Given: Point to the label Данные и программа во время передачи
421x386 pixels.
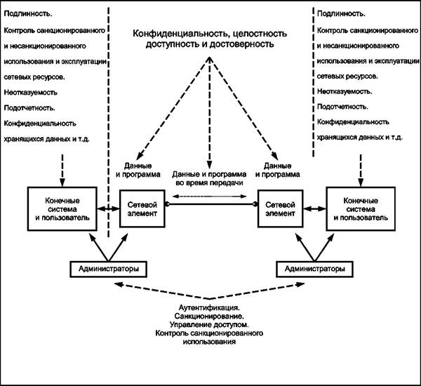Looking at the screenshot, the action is (209, 179).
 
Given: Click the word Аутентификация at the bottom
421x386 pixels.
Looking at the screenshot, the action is (209, 307).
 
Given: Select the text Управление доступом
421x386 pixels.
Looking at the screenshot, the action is (209, 324).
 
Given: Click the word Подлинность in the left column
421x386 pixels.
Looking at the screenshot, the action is (28, 14).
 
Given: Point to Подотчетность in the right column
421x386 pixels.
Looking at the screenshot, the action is (342, 107).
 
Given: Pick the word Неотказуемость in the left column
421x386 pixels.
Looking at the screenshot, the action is (30, 93).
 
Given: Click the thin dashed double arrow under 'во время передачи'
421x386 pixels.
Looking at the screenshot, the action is (209, 197).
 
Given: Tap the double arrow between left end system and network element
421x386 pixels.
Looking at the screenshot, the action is (108, 208).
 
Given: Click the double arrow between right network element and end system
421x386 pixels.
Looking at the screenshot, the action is (314, 208).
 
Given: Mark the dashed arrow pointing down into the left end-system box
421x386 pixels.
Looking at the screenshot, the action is (62, 171).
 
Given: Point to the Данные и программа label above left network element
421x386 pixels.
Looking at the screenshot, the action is (138, 171).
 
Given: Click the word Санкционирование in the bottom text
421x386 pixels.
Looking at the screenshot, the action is (209, 316).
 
